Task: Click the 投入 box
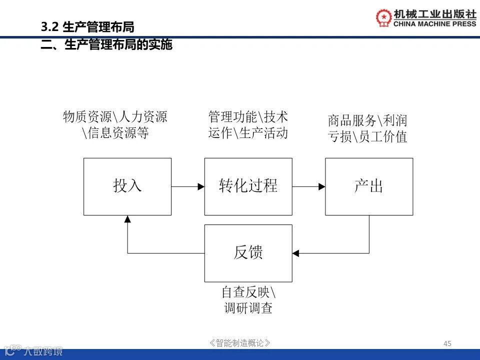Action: click(x=127, y=186)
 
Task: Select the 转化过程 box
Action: click(x=248, y=186)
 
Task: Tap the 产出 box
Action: click(x=369, y=186)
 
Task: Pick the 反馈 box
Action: click(x=248, y=253)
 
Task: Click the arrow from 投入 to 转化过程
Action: click(x=187, y=187)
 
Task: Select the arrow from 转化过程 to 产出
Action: click(x=308, y=187)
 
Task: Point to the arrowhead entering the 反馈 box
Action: click(x=296, y=253)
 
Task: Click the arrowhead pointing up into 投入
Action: click(x=127, y=219)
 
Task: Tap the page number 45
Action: click(x=447, y=343)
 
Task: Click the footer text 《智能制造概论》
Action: click(x=240, y=343)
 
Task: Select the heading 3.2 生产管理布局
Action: click(x=87, y=27)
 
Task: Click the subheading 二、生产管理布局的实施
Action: click(x=106, y=45)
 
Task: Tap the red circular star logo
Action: click(x=384, y=17)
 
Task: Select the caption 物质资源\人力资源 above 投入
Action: click(x=115, y=117)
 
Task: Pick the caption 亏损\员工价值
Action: click(x=367, y=136)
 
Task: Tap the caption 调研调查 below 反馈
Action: click(x=248, y=308)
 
